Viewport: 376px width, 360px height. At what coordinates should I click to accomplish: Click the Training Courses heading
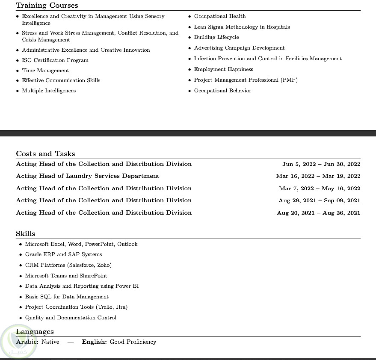[x=47, y=6]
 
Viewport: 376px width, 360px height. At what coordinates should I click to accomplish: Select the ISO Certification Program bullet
[x=55, y=60]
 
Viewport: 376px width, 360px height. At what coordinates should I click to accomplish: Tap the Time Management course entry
[x=45, y=71]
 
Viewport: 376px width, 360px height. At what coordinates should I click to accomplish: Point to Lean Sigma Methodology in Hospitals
[x=242, y=27]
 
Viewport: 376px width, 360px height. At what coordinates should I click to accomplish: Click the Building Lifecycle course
[x=216, y=37]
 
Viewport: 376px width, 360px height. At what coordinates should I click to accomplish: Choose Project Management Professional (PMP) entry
[x=246, y=80]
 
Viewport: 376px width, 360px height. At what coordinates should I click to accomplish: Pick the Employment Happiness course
[x=223, y=69]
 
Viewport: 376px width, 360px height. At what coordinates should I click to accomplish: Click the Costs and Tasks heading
[x=45, y=153]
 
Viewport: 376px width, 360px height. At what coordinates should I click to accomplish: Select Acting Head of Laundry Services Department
[x=88, y=176]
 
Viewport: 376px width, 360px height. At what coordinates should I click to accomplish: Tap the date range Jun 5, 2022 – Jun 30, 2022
[x=321, y=164]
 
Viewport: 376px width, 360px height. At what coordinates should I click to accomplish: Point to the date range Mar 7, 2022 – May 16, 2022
[x=320, y=189]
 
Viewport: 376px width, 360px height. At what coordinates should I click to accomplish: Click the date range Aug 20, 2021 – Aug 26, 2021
[x=319, y=213]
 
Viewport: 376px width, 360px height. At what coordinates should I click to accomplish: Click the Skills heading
[x=26, y=233]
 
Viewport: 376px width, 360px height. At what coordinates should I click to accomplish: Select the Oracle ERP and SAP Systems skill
[x=63, y=254]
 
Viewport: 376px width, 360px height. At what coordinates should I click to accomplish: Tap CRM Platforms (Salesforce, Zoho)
[x=68, y=265]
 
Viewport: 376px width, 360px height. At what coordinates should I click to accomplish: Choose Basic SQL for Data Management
[x=67, y=297]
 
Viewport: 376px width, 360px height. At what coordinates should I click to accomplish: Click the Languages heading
[x=35, y=331]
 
